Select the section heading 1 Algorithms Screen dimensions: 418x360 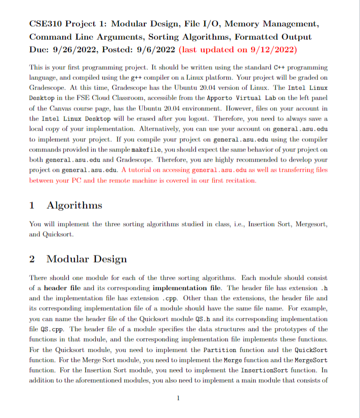[66, 205]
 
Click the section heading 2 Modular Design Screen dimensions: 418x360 [78, 259]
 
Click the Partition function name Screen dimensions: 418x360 [221, 350]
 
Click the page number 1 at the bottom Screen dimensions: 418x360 [179, 398]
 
